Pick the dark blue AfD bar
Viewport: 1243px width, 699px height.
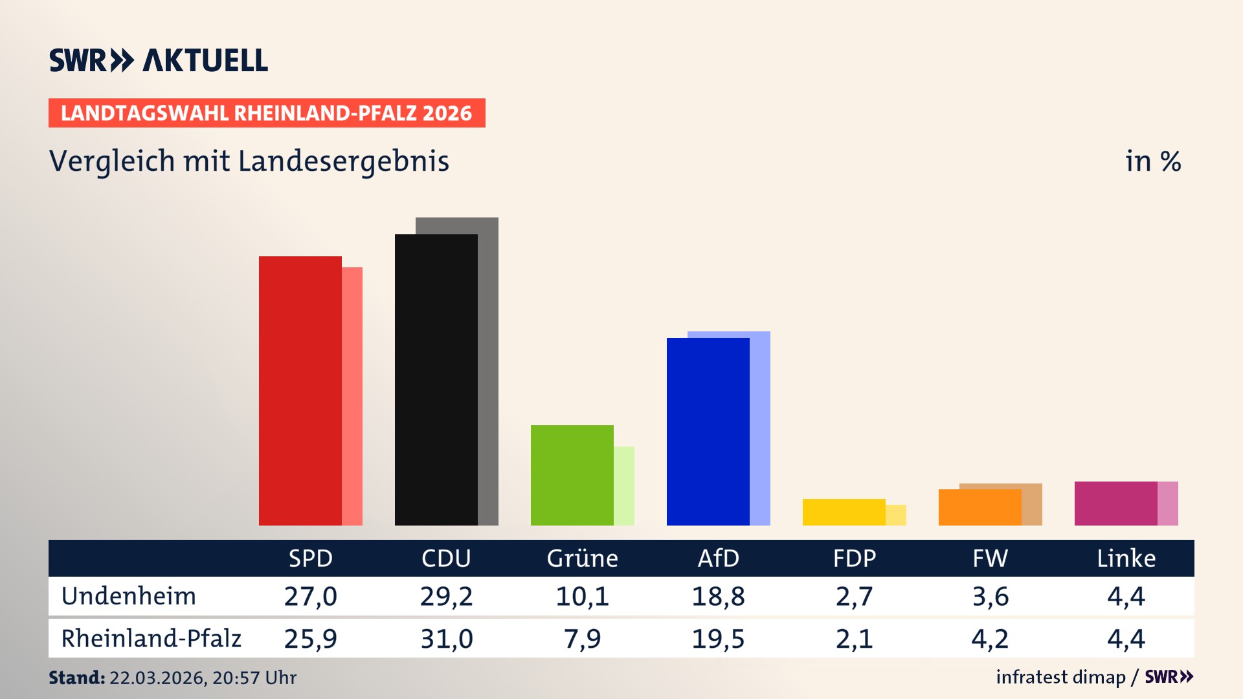click(x=708, y=431)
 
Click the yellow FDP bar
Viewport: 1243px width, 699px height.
click(x=844, y=512)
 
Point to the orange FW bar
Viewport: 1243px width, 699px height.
click(x=980, y=507)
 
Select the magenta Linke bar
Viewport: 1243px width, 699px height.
click(x=1115, y=503)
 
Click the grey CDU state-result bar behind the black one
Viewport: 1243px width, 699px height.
click(x=489, y=375)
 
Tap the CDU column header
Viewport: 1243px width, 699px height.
click(x=446, y=558)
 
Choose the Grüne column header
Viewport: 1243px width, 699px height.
click(x=582, y=558)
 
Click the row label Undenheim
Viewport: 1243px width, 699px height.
click(x=128, y=596)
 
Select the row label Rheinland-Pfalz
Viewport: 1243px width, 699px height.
click(x=151, y=639)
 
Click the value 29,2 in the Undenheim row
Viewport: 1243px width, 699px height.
click(x=446, y=596)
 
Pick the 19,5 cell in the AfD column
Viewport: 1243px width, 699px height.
click(x=718, y=639)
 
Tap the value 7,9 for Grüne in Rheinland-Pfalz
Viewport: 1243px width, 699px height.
click(x=582, y=639)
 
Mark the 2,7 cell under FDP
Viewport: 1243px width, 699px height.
click(x=854, y=596)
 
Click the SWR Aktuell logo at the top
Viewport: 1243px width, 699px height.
click(x=159, y=60)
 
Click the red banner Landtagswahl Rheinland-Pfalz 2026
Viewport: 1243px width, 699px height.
click(x=267, y=113)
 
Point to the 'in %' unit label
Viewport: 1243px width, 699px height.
click(x=1152, y=161)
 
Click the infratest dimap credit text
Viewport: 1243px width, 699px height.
click(x=1060, y=677)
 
